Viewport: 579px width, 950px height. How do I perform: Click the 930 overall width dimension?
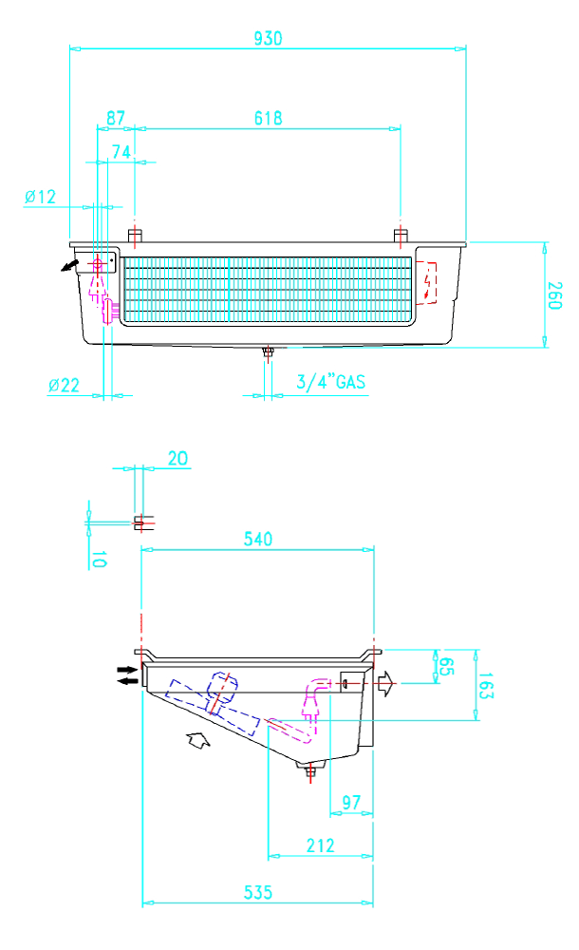[268, 38]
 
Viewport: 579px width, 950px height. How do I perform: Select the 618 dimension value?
[268, 118]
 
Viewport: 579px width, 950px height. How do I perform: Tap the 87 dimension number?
[116, 118]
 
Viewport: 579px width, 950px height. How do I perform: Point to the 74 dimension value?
[121, 151]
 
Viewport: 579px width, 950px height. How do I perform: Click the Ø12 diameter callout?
[40, 197]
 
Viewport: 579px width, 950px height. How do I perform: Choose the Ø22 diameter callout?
[64, 385]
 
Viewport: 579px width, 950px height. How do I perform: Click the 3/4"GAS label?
[330, 382]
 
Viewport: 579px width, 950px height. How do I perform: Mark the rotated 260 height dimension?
[554, 295]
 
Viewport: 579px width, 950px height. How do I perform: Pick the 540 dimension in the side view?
[258, 539]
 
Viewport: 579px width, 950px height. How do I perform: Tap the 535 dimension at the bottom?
[258, 892]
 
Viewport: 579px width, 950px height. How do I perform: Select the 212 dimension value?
[320, 845]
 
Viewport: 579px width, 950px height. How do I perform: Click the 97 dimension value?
[351, 802]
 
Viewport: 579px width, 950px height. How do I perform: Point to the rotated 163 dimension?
[486, 685]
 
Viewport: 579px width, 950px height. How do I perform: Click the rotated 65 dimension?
[445, 667]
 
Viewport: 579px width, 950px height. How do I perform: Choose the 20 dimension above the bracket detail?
[177, 458]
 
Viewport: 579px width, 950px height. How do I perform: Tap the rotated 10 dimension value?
[98, 560]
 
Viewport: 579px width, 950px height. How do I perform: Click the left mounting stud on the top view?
[135, 236]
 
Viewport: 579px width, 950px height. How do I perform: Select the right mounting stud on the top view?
[401, 236]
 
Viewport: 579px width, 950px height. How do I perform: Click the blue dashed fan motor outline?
[213, 707]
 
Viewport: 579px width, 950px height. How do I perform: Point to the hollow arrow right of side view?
[385, 684]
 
